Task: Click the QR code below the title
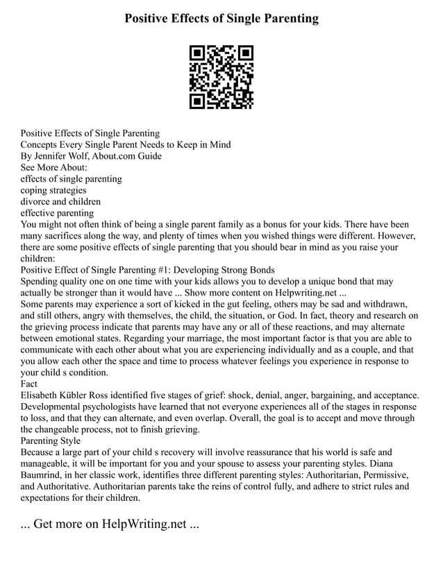(x=221, y=77)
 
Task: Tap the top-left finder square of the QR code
(x=197, y=53)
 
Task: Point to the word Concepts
(x=41, y=144)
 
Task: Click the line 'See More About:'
(x=54, y=167)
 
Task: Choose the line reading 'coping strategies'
(x=53, y=190)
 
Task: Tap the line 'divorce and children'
(x=60, y=201)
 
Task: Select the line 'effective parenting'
(x=57, y=213)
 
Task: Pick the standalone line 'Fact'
(x=29, y=383)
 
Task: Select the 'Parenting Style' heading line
(x=51, y=440)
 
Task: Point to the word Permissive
(x=372, y=474)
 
